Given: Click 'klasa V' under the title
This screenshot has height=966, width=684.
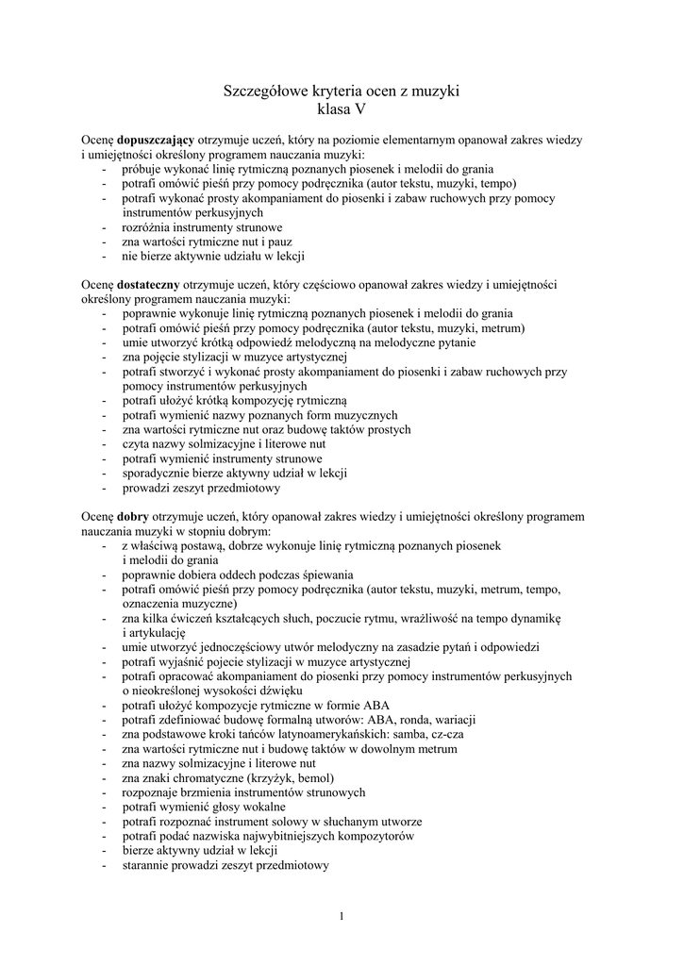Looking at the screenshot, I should pos(341,109).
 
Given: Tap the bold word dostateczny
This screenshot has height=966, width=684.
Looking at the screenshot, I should pos(150,284).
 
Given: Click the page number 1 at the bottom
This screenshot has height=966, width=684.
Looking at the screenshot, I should pos(342,915).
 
